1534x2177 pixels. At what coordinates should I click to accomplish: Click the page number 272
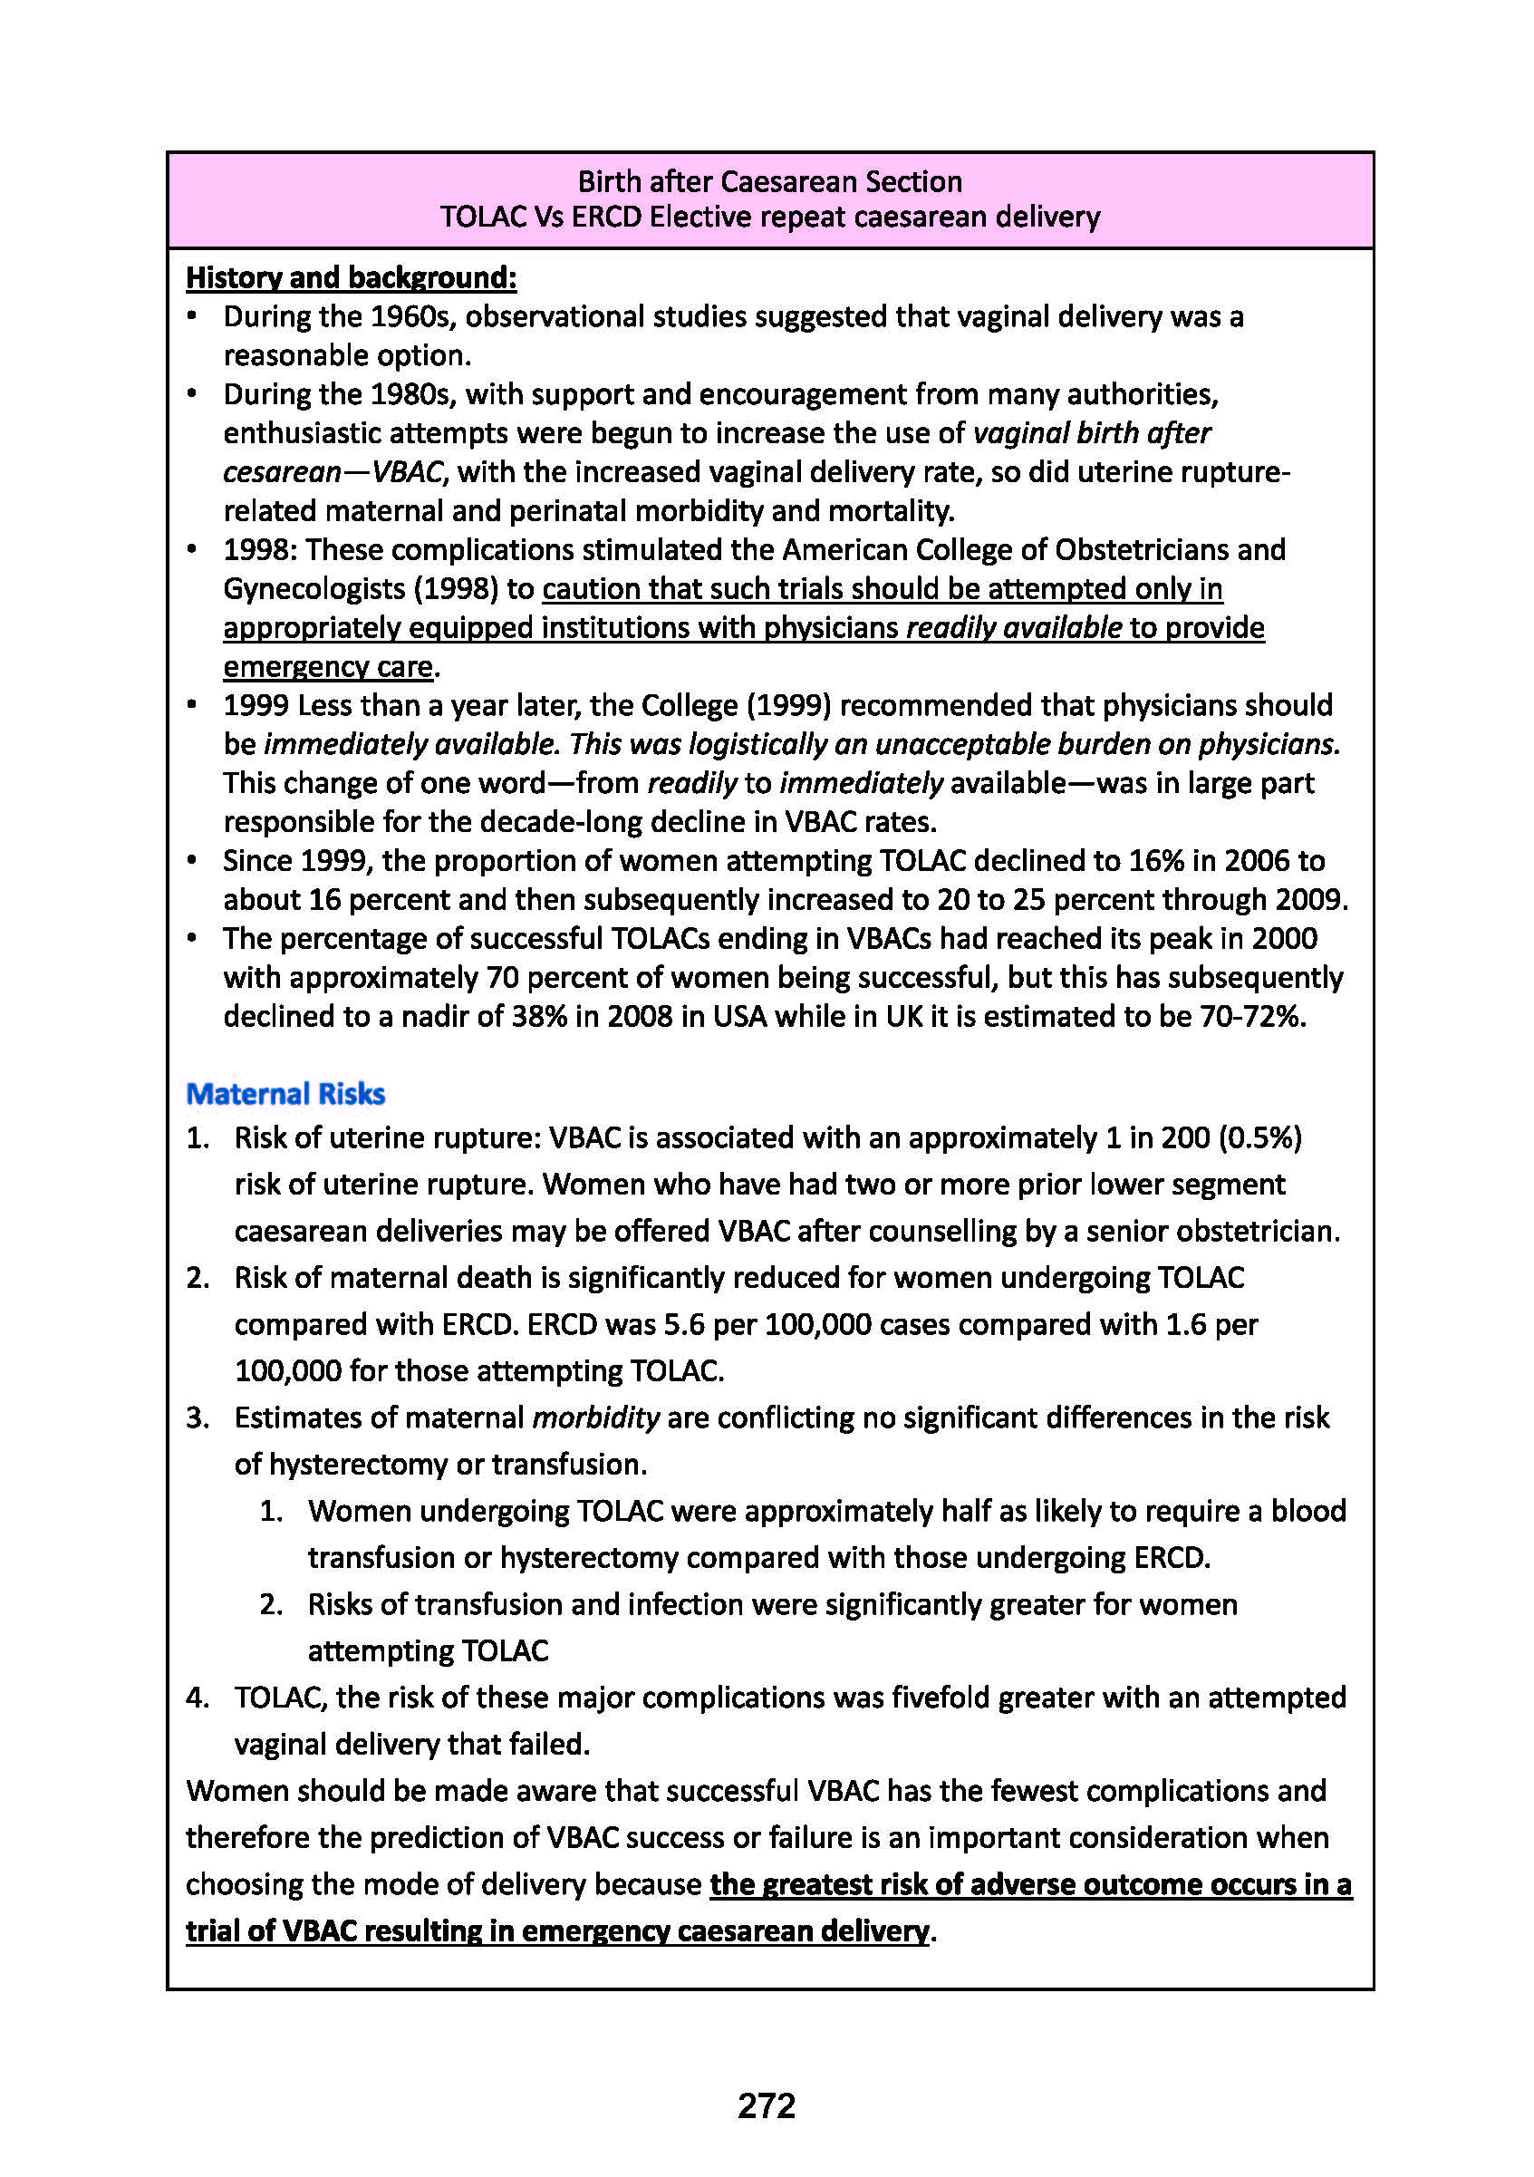(x=766, y=2104)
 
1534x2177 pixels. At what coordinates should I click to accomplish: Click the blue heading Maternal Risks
(x=285, y=1094)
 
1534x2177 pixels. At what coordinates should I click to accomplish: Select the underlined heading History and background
(x=351, y=278)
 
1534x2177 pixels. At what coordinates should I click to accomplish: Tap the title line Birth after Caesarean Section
(x=770, y=181)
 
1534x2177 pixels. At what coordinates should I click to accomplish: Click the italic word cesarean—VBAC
(x=333, y=472)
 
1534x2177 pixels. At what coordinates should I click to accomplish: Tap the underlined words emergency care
(x=328, y=666)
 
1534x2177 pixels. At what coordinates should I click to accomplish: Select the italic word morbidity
(x=595, y=1417)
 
